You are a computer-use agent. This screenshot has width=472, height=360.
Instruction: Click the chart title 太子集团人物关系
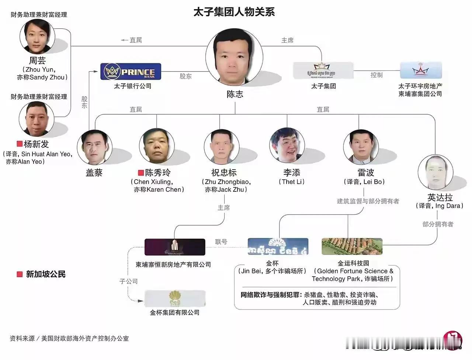[x=234, y=12]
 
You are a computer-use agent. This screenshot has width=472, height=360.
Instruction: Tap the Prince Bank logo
[x=131, y=72]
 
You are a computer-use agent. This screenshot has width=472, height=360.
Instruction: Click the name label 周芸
[x=37, y=60]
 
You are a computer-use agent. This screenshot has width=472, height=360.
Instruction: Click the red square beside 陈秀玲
[x=140, y=173]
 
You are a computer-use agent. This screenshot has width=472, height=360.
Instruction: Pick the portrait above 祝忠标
[x=221, y=146]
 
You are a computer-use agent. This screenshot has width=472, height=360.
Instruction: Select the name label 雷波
[x=365, y=173]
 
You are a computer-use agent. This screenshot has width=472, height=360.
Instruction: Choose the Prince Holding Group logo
[x=323, y=70]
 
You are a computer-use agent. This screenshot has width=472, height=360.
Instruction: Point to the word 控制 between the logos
[x=376, y=75]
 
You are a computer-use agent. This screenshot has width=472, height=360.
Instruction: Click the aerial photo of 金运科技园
[x=352, y=246]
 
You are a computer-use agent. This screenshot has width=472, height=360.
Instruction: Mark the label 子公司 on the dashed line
[x=128, y=281]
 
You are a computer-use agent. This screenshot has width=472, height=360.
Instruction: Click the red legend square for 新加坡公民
[x=20, y=274]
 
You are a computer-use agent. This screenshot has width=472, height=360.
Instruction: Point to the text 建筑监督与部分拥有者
[x=368, y=201]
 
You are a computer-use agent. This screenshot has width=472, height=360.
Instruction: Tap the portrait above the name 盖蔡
[x=94, y=147]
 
